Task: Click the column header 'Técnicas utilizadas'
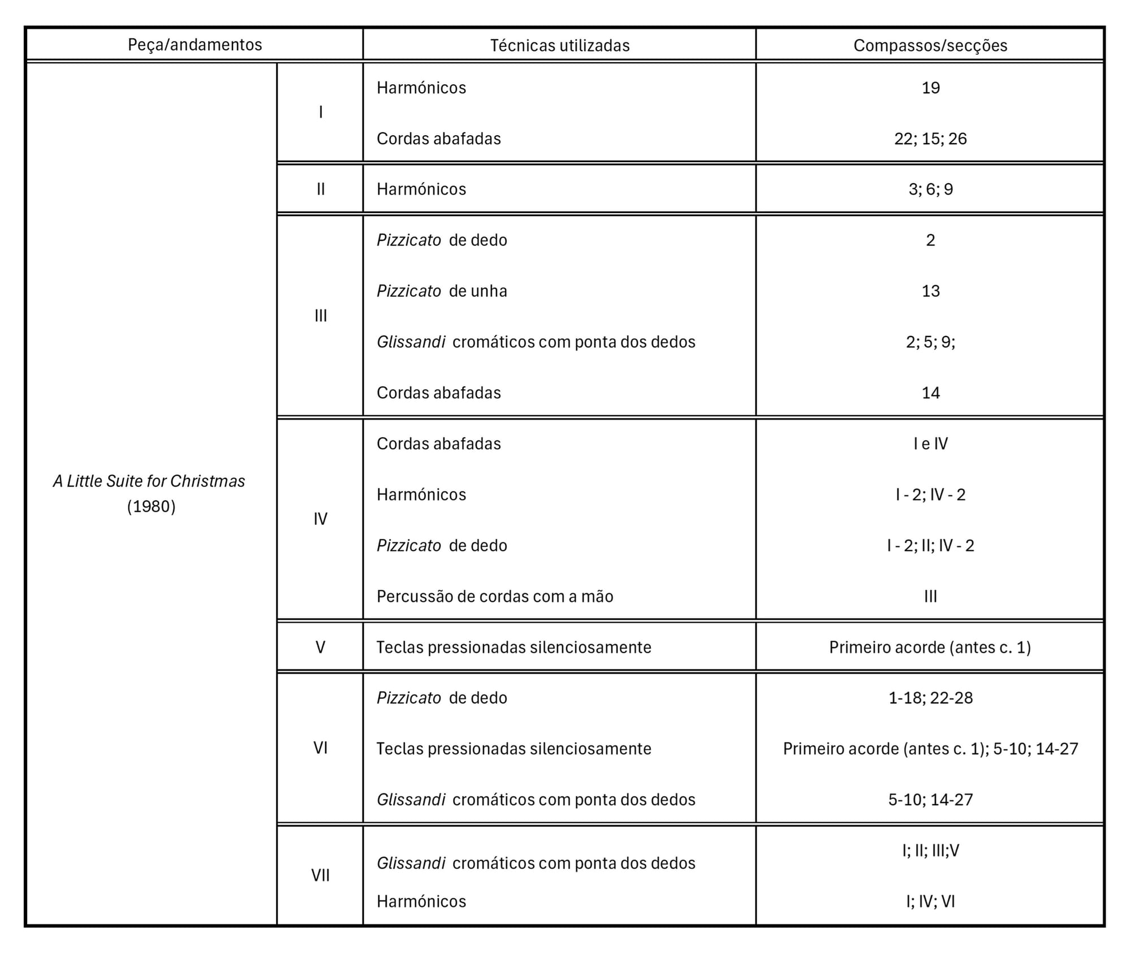[x=559, y=45]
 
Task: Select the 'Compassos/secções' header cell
[x=930, y=45]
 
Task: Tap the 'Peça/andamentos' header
[x=195, y=45]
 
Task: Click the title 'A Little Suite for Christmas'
[x=149, y=481]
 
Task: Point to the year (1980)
[x=151, y=506]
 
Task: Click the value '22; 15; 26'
[x=930, y=139]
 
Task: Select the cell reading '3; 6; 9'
[x=930, y=189]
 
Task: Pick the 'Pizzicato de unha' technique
[x=442, y=291]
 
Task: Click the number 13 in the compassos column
[x=930, y=291]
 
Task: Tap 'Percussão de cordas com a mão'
[x=495, y=596]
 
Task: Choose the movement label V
[x=320, y=647]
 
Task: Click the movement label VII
[x=320, y=875]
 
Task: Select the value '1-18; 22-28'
[x=930, y=698]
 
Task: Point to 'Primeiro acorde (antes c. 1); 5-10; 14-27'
[x=930, y=749]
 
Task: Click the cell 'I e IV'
[x=930, y=443]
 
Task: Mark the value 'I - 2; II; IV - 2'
[x=930, y=545]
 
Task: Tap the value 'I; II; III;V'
[x=930, y=851]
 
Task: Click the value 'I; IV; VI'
[x=930, y=901]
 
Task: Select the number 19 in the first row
[x=930, y=88]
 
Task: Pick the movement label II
[x=320, y=189]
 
